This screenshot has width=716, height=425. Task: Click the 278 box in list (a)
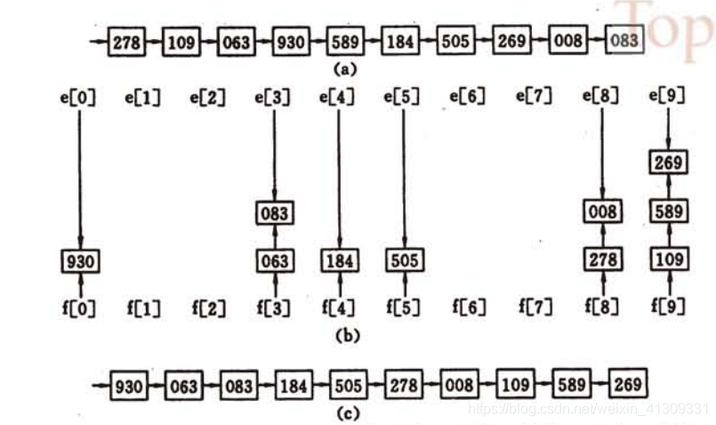click(x=125, y=42)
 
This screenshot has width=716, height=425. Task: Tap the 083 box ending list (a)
click(x=623, y=42)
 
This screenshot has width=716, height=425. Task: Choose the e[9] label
click(x=667, y=96)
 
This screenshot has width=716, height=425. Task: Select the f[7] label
click(x=535, y=308)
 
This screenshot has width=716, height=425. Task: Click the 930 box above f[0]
click(x=80, y=262)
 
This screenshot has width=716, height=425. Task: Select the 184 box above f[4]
click(x=340, y=262)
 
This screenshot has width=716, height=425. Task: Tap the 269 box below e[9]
click(x=669, y=164)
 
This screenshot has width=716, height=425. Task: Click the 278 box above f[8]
click(x=604, y=260)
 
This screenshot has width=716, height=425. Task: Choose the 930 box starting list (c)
click(x=129, y=386)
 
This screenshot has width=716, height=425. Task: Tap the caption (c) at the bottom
click(x=347, y=413)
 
